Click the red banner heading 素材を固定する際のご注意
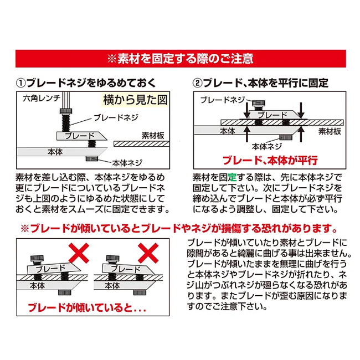181,59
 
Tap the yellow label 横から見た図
135,100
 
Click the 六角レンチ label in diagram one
42,98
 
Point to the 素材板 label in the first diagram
153,136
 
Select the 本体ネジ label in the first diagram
127,163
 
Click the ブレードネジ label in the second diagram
223,100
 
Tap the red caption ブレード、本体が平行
270,160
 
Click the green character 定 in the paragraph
232,177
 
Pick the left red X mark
79,253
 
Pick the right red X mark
148,253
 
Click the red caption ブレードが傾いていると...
87,308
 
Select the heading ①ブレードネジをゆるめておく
86,83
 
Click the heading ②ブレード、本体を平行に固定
260,83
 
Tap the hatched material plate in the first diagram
141,144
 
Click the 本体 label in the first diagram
55,152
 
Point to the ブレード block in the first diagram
81,136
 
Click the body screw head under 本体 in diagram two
286,137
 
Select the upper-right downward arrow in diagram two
301,111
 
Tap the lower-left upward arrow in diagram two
247,134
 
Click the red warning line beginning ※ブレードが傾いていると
179,228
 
